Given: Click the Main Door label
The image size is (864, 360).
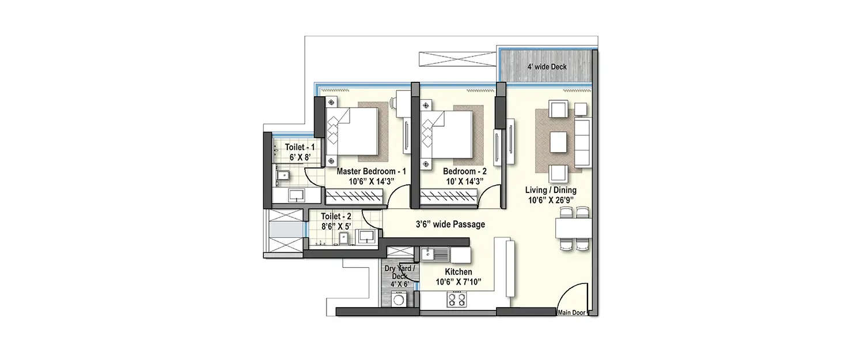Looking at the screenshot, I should pyautogui.click(x=571, y=313).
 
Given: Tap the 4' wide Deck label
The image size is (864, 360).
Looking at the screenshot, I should pyautogui.click(x=547, y=67).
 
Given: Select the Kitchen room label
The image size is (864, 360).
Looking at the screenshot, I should pyautogui.click(x=458, y=272).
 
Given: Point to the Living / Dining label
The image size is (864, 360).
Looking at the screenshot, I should pyautogui.click(x=550, y=190).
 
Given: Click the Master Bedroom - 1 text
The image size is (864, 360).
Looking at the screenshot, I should pyautogui.click(x=371, y=172).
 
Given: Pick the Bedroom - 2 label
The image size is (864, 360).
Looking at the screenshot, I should pyautogui.click(x=464, y=172).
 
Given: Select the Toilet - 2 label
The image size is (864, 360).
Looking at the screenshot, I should pyautogui.click(x=337, y=216).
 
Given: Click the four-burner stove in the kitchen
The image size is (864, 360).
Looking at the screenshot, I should pyautogui.click(x=457, y=299).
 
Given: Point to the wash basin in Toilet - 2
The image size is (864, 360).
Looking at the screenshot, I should pyautogui.click(x=366, y=236).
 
